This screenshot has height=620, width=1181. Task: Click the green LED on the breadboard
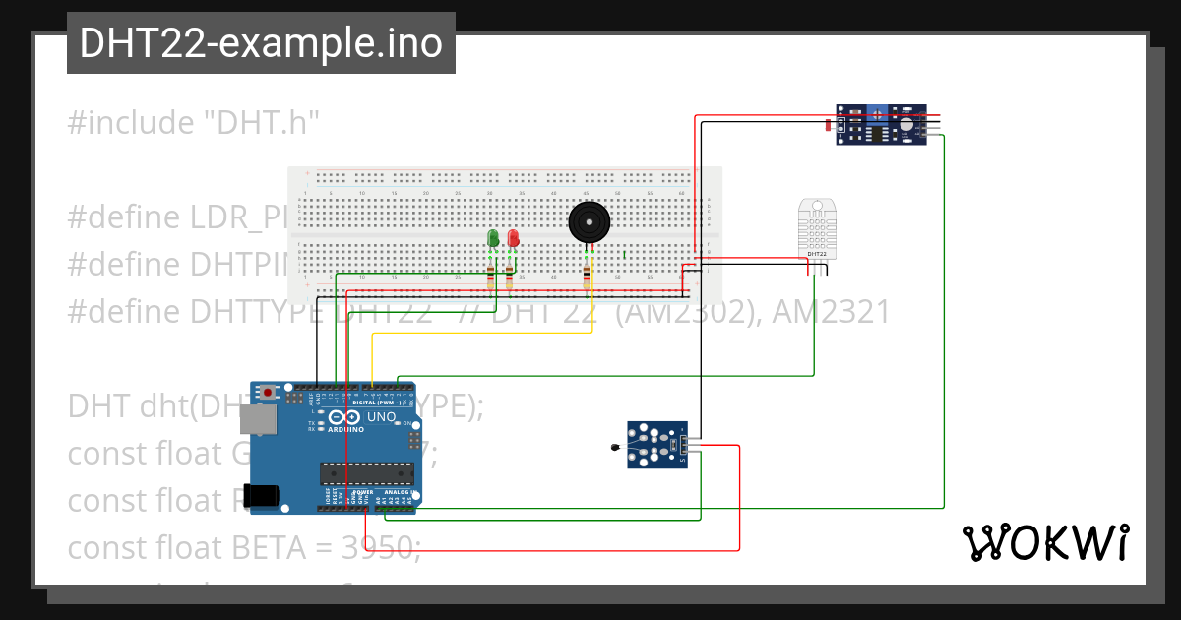493,238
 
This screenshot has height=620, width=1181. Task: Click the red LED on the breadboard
513,238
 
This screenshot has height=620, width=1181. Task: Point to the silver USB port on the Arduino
260,420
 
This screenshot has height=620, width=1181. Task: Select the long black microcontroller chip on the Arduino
366,472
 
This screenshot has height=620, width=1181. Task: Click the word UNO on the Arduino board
381,417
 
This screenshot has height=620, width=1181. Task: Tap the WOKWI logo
1045,542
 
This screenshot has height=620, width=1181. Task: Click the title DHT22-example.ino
261,44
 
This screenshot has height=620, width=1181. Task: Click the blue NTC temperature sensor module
658,445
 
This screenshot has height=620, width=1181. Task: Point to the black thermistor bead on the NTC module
616,449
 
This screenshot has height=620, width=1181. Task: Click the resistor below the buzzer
588,277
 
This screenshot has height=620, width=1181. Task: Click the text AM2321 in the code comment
831,312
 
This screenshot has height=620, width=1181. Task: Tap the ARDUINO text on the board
344,429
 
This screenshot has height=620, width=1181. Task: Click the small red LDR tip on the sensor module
828,124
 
